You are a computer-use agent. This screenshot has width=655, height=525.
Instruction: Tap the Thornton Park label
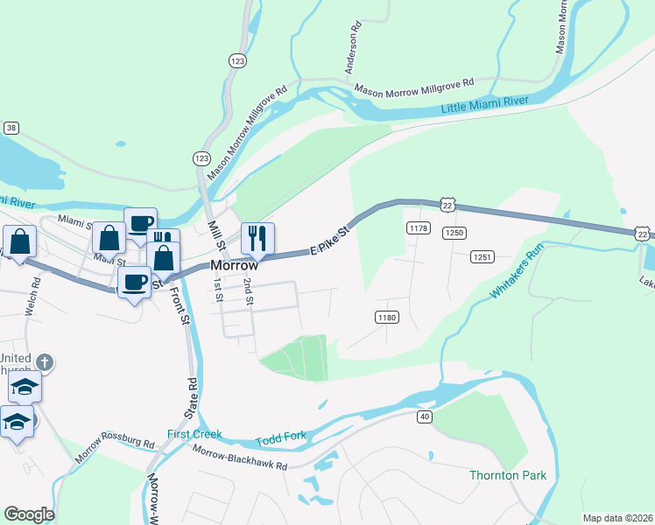point(508,476)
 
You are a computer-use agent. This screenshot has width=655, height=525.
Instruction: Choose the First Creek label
point(195,434)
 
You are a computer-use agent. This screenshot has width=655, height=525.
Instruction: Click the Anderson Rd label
point(351,52)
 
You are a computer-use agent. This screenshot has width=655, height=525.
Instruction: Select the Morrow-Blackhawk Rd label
point(241,458)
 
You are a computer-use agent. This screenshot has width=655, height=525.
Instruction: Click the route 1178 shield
point(418,228)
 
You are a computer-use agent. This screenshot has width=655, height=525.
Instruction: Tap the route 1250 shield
point(453,233)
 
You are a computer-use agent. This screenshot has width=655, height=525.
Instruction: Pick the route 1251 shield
point(482,256)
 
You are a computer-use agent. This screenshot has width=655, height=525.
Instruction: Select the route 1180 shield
point(386,317)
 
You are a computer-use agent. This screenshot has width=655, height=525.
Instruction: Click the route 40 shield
point(425,416)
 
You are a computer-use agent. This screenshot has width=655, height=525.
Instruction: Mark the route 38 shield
point(11,128)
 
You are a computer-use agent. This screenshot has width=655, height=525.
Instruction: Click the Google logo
point(29,514)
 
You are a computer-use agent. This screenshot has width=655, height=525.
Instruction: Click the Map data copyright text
point(617,518)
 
